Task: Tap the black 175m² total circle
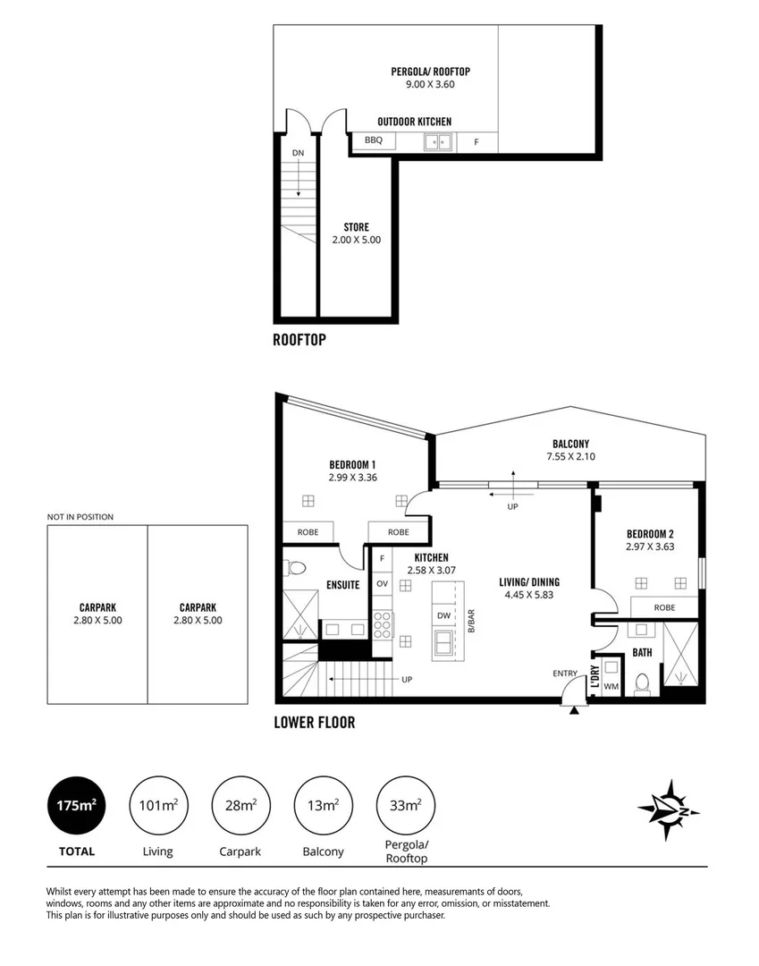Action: click(x=77, y=806)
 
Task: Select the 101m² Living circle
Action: click(x=157, y=806)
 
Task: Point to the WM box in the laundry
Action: click(x=611, y=686)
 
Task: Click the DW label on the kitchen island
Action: click(x=443, y=615)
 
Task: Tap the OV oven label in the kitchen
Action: click(x=381, y=584)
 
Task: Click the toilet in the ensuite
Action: click(x=296, y=568)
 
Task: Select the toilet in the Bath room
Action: click(x=640, y=683)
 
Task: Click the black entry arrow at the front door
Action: click(x=573, y=710)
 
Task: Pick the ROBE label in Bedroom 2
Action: click(x=663, y=607)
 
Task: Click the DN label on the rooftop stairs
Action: click(x=298, y=153)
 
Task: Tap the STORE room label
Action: click(x=356, y=227)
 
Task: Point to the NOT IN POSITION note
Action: click(x=80, y=517)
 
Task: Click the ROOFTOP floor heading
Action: click(x=299, y=340)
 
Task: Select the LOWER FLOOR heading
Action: click(x=314, y=723)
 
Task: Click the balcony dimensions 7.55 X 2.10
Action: click(x=570, y=457)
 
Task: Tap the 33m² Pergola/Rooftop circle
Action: click(x=406, y=806)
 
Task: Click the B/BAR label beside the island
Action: click(x=470, y=621)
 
